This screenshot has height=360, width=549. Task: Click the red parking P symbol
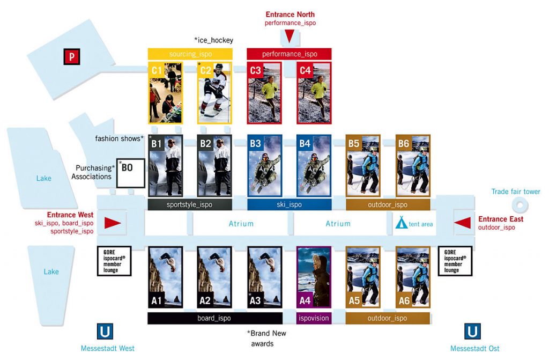point(71,56)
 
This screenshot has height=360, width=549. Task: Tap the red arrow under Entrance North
point(289,36)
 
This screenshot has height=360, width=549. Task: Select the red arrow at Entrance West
point(113,223)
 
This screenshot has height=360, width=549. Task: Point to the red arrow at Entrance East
point(462,222)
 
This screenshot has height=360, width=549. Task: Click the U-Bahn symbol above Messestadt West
point(105,331)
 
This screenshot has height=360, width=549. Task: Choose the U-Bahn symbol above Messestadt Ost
point(472,331)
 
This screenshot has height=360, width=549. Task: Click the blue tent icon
point(401,222)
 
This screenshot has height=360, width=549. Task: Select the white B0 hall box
point(131,173)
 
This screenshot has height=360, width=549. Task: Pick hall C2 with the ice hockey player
point(214,93)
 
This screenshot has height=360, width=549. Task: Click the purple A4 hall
point(313,277)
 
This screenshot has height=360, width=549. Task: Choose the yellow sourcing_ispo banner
point(190,54)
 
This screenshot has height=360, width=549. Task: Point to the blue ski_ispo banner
point(289,205)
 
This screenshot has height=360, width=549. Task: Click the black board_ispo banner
point(214,318)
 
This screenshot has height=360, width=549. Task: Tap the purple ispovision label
point(313,318)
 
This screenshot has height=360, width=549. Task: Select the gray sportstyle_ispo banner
point(190,205)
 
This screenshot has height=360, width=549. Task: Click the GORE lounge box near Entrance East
point(455,261)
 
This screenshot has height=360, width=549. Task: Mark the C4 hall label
point(305,70)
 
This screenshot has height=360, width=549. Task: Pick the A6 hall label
point(404,301)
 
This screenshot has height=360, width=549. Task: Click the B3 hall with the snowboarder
point(264,165)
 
